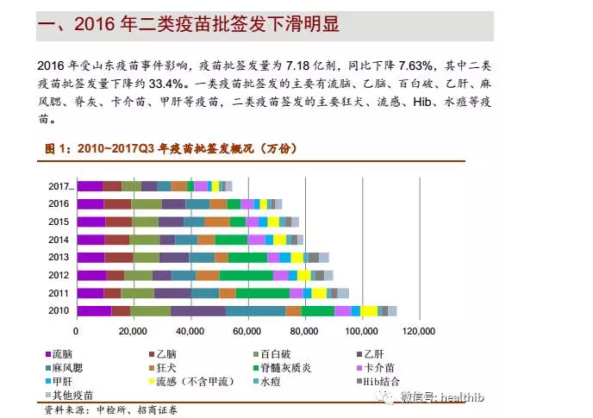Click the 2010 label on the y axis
[59, 310]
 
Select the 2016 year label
[59, 203]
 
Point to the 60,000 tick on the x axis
[247, 331]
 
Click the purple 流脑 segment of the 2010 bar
[94, 310]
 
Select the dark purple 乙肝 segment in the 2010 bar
[197, 310]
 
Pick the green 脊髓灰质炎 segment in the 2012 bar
[246, 275]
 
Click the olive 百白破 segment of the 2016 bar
[146, 203]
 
